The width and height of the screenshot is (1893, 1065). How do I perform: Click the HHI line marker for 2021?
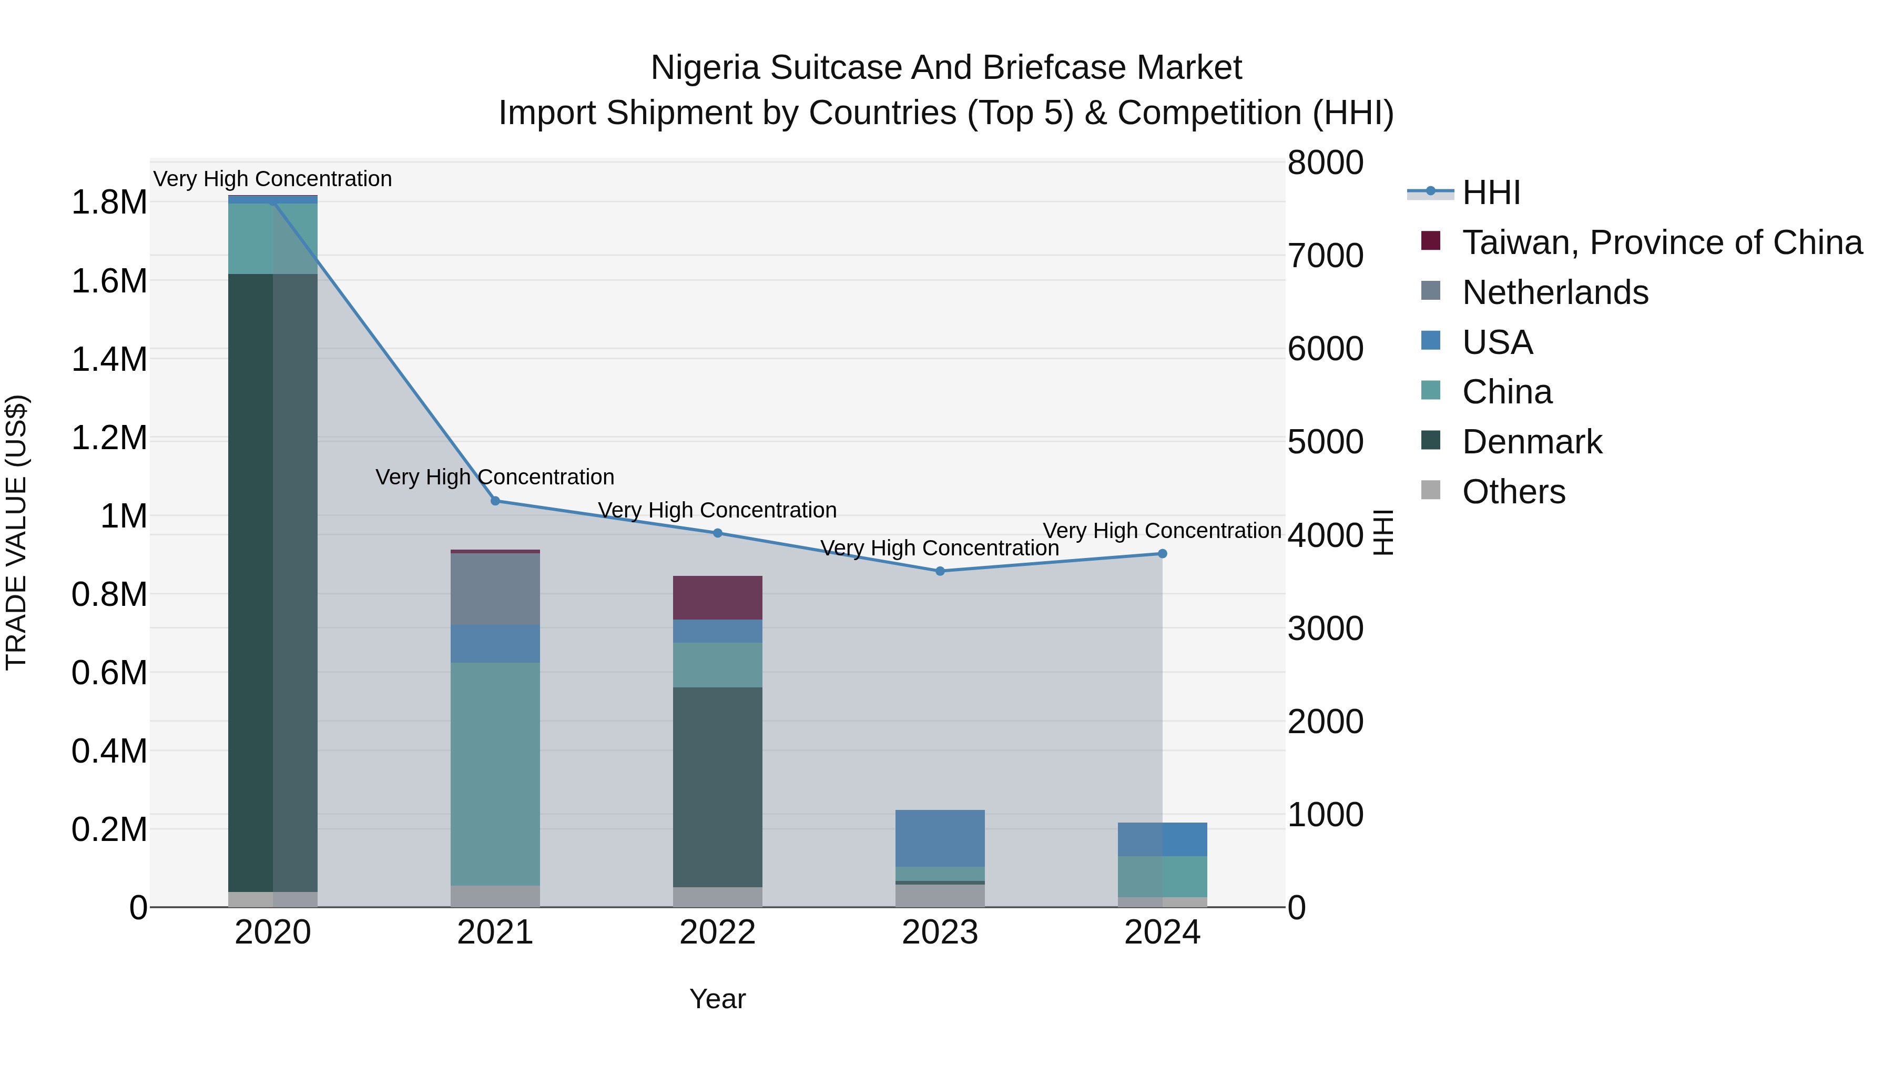tap(495, 501)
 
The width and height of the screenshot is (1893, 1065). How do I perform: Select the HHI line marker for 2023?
tap(940, 571)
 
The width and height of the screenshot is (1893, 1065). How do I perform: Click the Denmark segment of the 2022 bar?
tap(717, 786)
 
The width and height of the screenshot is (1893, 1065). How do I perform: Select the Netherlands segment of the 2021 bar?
tap(495, 589)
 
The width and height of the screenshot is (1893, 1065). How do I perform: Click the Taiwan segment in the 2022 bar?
tap(717, 597)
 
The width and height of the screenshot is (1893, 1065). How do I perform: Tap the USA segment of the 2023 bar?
tap(940, 838)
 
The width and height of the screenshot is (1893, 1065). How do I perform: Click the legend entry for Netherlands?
tap(1555, 292)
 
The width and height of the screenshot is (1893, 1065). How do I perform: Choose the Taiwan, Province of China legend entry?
tap(1662, 242)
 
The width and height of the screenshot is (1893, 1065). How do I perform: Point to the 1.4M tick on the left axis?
tap(109, 359)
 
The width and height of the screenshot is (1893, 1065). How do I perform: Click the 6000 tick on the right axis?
tap(1326, 349)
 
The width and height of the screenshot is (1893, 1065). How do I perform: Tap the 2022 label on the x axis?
tap(717, 932)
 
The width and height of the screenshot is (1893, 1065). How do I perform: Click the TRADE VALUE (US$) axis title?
tap(16, 532)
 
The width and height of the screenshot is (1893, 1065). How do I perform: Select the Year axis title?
tap(717, 999)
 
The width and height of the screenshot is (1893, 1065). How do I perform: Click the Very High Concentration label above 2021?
tap(495, 477)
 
